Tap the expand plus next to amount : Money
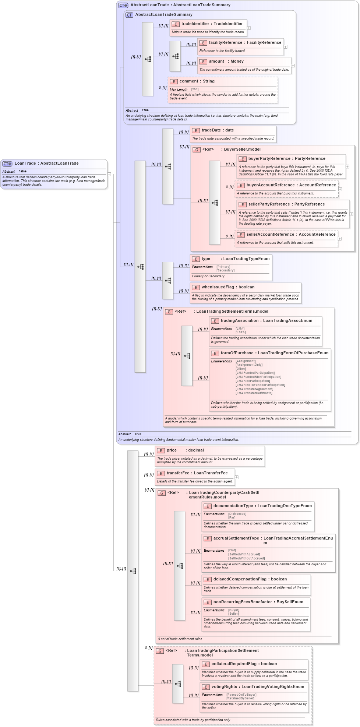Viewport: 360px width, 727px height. click(x=293, y=66)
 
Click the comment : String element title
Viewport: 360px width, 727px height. click(x=197, y=81)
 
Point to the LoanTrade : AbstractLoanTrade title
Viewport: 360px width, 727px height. click(x=46, y=163)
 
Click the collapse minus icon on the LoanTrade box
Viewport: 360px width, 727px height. click(x=109, y=174)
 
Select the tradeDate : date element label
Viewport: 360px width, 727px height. click(x=218, y=130)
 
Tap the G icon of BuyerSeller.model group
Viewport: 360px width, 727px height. click(x=197, y=150)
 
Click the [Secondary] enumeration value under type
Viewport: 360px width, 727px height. click(x=225, y=270)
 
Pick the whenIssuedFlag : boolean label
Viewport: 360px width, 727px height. click(x=228, y=287)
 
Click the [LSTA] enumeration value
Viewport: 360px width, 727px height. click(x=240, y=332)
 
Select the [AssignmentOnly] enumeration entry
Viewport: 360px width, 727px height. click(x=249, y=365)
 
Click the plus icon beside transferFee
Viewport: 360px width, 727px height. click(x=236, y=477)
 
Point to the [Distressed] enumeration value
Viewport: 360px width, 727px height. click(x=237, y=514)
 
